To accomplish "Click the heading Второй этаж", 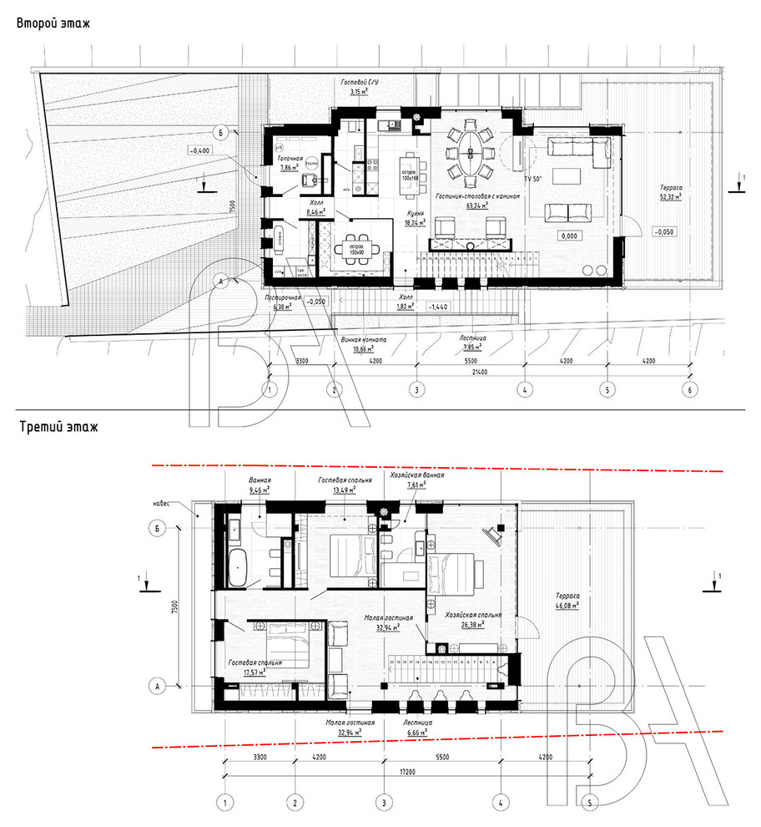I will [x=53, y=23].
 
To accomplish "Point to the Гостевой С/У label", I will [x=361, y=84].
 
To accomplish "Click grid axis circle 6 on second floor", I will [x=688, y=389].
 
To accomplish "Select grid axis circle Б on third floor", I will [x=154, y=528].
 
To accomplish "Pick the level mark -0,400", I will [x=199, y=150].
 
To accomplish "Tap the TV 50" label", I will [x=533, y=180].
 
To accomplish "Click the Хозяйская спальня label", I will [x=473, y=614].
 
